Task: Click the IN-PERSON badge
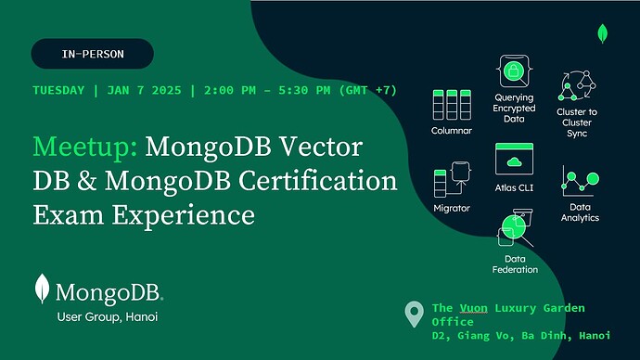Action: (93, 54)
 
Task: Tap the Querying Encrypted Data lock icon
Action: (514, 71)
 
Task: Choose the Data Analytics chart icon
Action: (580, 181)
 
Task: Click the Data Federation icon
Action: (515, 227)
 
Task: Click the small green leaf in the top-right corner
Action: (604, 34)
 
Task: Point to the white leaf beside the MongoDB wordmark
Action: (42, 289)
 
